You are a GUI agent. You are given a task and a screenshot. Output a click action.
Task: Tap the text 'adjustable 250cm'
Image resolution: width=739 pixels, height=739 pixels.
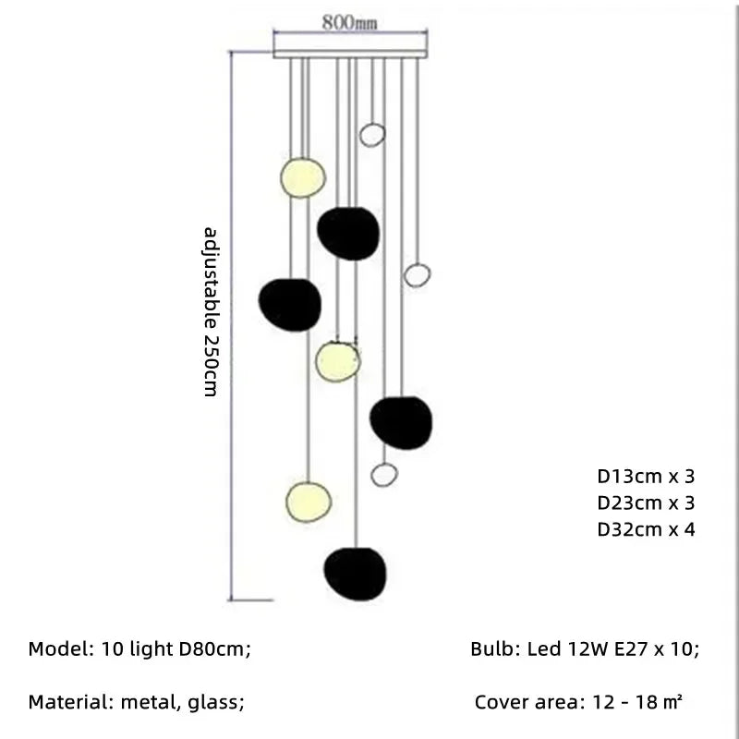pos(211,311)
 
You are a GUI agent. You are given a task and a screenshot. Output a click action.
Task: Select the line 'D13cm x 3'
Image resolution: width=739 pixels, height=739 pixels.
pos(645,477)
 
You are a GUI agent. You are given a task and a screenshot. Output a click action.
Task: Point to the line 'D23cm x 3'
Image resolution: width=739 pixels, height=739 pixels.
pos(645,503)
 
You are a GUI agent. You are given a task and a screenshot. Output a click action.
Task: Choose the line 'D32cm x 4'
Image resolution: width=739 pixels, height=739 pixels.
pos(645,529)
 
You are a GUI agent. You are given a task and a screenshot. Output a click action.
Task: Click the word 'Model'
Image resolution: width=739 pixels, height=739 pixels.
pos(57,649)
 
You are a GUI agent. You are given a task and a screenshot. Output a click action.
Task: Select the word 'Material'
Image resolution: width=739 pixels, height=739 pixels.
pos(69,703)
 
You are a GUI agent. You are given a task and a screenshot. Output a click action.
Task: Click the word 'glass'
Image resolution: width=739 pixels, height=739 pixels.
pos(214,703)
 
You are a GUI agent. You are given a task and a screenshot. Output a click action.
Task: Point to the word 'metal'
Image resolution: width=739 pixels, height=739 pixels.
pos(151,703)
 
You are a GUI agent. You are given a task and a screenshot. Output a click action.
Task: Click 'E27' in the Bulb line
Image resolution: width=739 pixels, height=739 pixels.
pos(630,649)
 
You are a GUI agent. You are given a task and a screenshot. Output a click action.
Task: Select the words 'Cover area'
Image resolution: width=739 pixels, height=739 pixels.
pos(525,703)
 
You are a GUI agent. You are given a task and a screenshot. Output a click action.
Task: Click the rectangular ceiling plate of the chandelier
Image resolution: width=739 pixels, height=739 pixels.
pos(351,49)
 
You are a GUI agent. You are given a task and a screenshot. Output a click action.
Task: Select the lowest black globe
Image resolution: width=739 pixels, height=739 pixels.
pos(355,575)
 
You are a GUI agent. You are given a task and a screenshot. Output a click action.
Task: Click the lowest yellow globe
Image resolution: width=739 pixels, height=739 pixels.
pos(309,500)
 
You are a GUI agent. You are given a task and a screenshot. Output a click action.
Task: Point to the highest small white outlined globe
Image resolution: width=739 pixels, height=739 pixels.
pos(371,134)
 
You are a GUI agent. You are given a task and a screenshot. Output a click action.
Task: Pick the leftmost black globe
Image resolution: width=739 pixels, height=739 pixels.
pos(290,304)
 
